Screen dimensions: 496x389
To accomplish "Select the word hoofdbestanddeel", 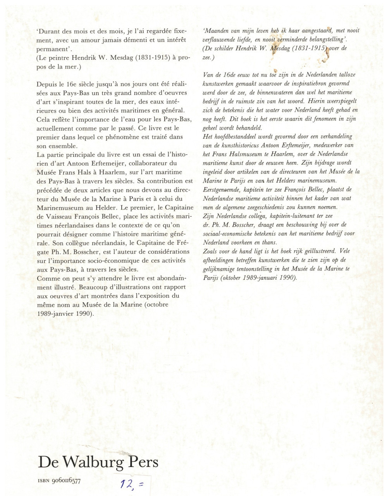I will click(x=237, y=136).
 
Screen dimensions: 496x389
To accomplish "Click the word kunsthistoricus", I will click(x=247, y=145).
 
